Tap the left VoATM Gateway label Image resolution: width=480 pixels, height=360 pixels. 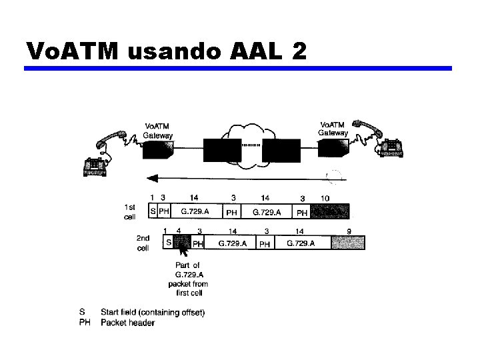[x=158, y=131]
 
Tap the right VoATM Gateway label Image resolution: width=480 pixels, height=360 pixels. [x=333, y=128]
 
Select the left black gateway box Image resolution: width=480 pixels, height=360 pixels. [x=159, y=151]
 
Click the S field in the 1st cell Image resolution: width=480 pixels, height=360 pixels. [x=153, y=212]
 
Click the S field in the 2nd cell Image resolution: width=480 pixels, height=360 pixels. [x=169, y=243]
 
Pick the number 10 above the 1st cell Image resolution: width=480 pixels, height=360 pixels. [x=325, y=198]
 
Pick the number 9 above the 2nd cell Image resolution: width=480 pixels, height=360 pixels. [x=349, y=231]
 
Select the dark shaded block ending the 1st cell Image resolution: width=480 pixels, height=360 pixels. [x=330, y=212]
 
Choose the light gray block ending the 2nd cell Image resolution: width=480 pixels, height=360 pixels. [x=349, y=243]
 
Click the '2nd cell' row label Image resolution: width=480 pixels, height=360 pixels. [x=143, y=243]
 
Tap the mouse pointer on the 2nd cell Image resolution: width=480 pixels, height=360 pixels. [x=183, y=250]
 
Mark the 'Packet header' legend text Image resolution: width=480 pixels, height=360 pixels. [x=127, y=323]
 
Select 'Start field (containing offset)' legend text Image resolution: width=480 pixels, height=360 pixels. [x=153, y=312]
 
